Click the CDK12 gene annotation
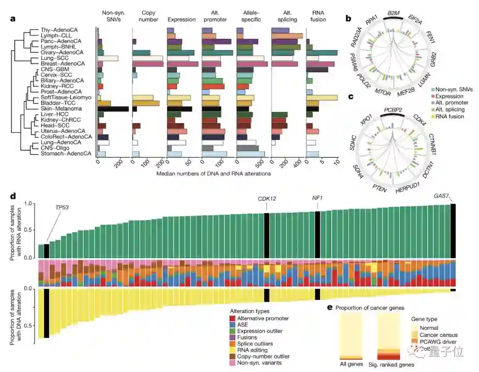click(267, 198)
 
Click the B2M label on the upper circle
click(393, 14)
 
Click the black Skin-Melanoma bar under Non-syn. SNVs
click(113, 109)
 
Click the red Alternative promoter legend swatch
click(232, 318)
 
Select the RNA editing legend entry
click(252, 350)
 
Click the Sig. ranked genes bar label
click(392, 364)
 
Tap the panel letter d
click(13, 196)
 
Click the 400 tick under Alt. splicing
click(297, 164)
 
